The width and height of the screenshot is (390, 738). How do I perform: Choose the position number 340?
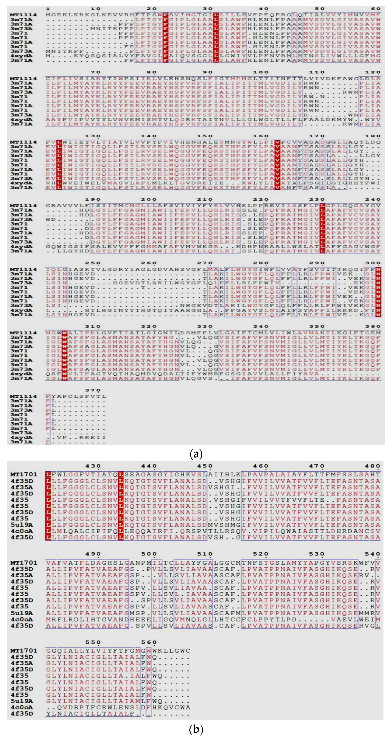tap(261, 327)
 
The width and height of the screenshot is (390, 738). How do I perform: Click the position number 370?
tap(93, 390)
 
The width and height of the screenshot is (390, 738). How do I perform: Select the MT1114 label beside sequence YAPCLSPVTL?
tap(24, 396)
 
